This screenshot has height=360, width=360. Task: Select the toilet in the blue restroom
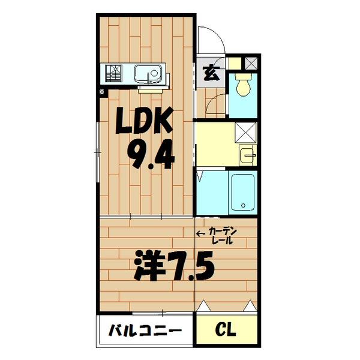pos(243,85)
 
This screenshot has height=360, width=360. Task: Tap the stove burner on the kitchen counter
pos(114,74)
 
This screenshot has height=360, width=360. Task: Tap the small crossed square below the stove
pos(103,92)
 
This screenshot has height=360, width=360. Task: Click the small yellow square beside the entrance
pos(233,62)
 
